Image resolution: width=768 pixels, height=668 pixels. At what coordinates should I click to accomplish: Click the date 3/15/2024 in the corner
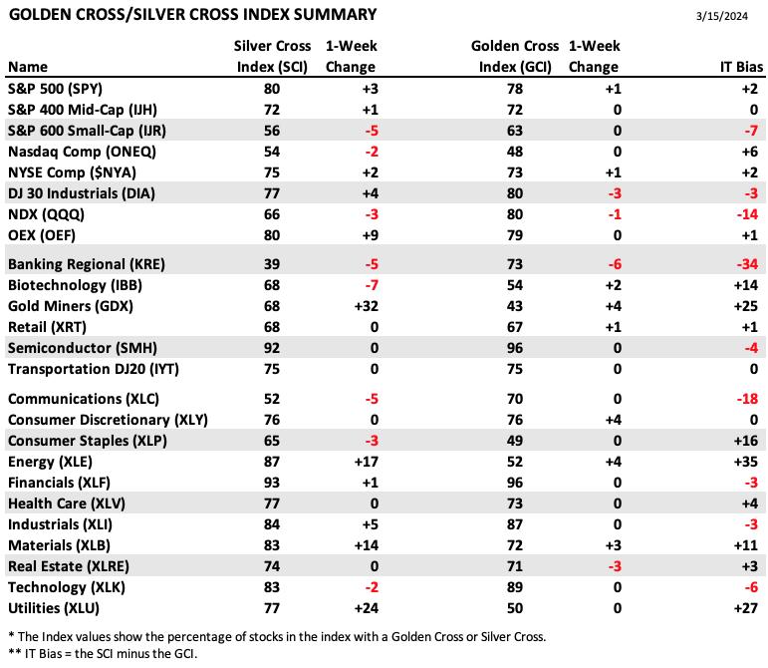point(722,16)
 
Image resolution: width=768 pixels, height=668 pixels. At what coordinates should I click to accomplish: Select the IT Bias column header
point(741,67)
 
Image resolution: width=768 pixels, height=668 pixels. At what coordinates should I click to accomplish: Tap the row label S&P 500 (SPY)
point(56,89)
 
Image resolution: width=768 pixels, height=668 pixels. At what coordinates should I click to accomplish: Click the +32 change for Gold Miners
point(367,306)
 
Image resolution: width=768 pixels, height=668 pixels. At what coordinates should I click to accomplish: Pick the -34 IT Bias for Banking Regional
point(747,264)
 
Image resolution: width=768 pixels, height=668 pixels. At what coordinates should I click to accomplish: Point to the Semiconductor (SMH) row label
point(83,348)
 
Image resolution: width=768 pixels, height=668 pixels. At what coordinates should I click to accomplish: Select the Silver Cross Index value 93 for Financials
point(272,483)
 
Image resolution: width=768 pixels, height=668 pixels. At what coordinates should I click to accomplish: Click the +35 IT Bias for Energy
point(746,462)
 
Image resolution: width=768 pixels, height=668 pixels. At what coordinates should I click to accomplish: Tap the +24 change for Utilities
point(367,608)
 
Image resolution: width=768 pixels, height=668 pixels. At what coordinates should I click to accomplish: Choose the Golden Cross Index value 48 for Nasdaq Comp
point(515,152)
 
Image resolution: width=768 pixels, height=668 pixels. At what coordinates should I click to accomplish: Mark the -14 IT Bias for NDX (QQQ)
point(747,214)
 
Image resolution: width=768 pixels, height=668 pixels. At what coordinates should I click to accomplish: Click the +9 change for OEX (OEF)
point(371,235)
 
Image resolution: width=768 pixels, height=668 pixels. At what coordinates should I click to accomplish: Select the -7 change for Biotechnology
point(372,285)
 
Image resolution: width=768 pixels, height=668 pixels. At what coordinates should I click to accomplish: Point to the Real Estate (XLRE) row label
point(69,566)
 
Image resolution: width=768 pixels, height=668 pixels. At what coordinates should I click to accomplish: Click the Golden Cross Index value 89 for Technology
point(515,587)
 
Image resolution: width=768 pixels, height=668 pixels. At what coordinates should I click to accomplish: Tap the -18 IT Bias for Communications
point(747,399)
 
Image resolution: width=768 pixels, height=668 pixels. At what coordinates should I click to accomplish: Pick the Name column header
point(28,67)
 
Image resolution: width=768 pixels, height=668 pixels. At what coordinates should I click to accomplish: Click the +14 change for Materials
point(367,545)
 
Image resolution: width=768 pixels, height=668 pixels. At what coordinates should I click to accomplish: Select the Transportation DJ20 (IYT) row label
point(94,369)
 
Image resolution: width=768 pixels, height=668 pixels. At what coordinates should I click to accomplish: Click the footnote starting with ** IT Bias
point(103,654)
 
